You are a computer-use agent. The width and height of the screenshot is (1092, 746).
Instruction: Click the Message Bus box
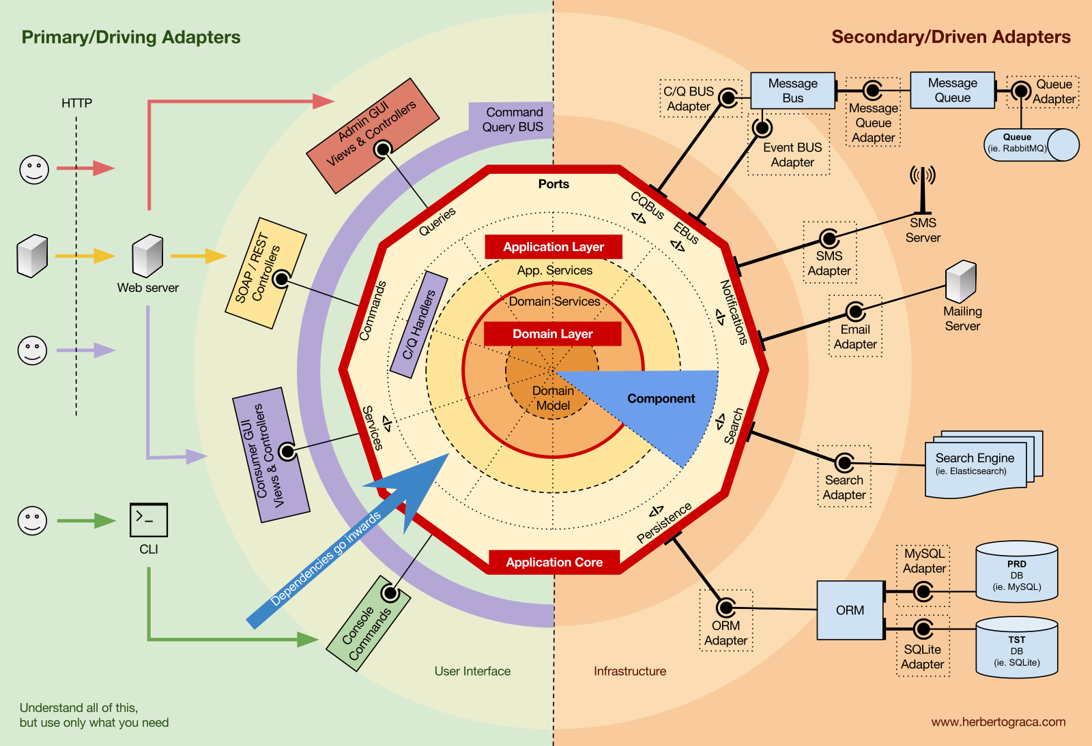[x=792, y=91]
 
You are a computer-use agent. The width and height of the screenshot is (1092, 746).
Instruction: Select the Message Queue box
[x=952, y=90]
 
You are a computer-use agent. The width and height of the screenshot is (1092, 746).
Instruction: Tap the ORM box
[x=850, y=610]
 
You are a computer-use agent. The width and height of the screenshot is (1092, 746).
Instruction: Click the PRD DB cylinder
[x=1016, y=573]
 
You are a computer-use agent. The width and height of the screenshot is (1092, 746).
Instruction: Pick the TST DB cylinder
[x=1016, y=648]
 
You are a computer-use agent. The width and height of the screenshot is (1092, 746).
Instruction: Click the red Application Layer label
[x=553, y=247]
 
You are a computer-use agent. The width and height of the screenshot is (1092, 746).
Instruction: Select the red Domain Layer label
[x=552, y=334]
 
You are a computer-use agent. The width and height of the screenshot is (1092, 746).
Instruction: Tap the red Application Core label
[x=554, y=563]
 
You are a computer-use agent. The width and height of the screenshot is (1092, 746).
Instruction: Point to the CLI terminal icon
[x=148, y=520]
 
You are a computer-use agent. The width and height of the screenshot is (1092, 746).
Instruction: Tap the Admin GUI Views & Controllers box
[x=372, y=135]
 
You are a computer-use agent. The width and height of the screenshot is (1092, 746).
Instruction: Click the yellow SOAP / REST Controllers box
[x=265, y=273]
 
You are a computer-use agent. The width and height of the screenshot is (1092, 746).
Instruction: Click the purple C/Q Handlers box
[x=418, y=325]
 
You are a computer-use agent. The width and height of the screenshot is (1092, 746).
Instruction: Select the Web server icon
[x=147, y=256]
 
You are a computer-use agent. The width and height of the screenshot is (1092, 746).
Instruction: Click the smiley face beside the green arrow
[x=32, y=521]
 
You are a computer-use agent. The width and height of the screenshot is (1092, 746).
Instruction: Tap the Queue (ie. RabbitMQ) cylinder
[x=1030, y=145]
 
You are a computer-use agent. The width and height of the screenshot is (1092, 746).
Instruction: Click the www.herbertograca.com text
[x=998, y=722]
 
